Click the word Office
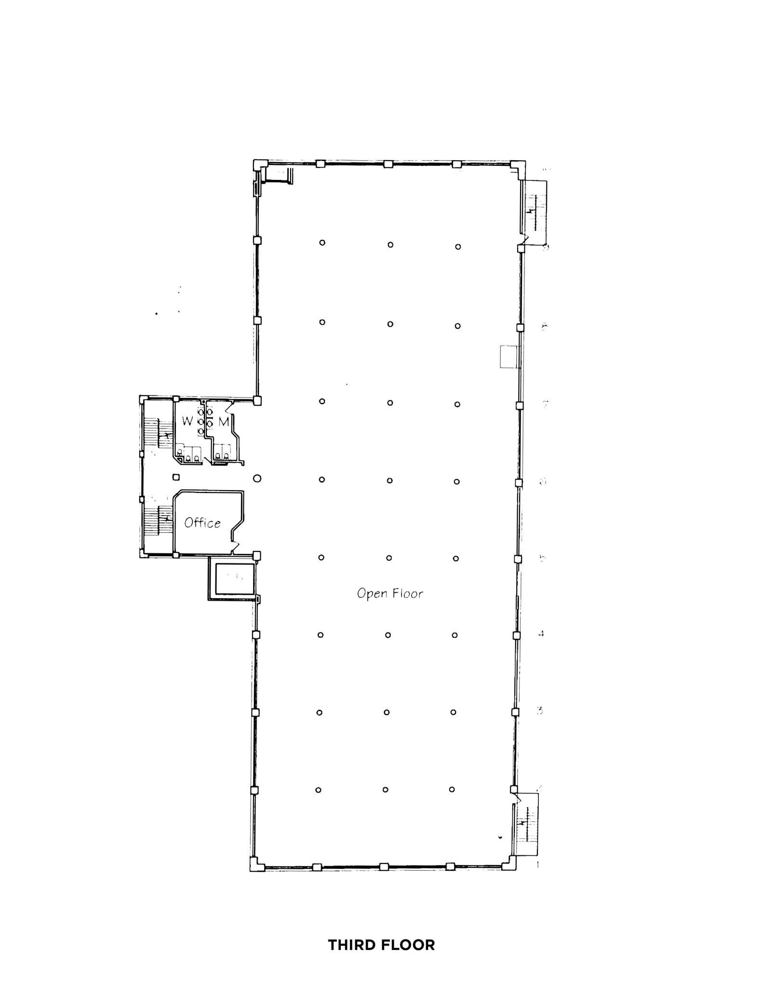tap(202, 523)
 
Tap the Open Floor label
tap(389, 593)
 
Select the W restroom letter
tap(187, 421)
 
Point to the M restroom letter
tap(224, 422)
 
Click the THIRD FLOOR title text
tap(381, 945)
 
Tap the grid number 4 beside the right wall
tap(541, 634)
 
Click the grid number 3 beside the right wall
tap(540, 710)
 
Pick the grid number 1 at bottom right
tap(538, 864)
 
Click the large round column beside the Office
tap(257, 479)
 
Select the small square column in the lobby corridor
tap(176, 477)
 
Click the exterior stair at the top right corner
tap(535, 212)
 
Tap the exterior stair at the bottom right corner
tap(526, 824)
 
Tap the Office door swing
tap(235, 547)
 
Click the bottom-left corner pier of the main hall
tap(255, 864)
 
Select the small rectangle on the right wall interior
tap(509, 357)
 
